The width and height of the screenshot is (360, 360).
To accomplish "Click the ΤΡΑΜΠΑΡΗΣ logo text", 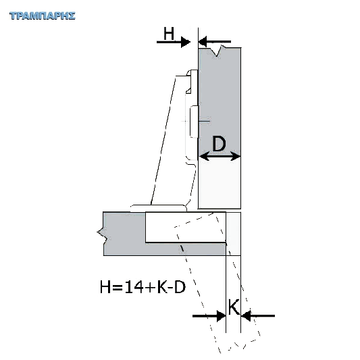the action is [x=43, y=16].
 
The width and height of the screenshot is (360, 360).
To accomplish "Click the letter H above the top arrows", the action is [x=169, y=33].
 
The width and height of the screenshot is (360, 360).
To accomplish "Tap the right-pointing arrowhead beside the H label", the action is [x=186, y=42].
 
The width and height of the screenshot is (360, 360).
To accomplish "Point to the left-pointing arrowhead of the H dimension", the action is [x=203, y=42].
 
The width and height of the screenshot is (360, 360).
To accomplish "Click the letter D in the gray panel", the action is [x=219, y=143].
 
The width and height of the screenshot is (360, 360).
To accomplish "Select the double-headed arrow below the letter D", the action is [x=220, y=156].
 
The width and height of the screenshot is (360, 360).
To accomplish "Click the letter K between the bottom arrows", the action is [x=234, y=307].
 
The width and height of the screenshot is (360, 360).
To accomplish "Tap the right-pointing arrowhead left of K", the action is [x=222, y=316].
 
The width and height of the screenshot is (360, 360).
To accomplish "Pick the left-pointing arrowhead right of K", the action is [x=246, y=316].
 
